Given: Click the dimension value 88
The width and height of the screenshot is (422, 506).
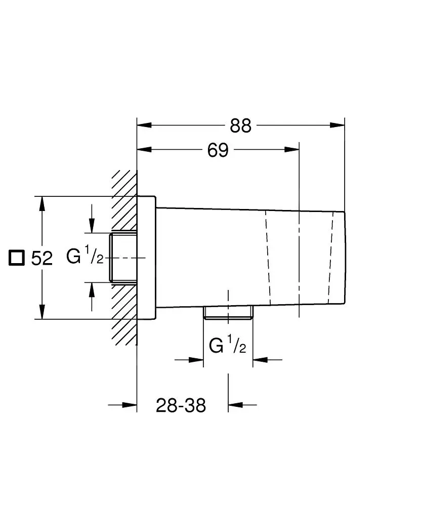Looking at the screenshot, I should tap(240, 126).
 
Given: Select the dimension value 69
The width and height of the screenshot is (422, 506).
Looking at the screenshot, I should tap(218, 150).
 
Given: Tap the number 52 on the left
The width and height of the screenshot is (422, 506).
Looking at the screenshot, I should tap(42, 259).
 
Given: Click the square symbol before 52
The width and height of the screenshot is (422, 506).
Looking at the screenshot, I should tap(17, 258).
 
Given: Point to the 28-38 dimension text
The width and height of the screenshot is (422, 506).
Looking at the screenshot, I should tap(181, 405).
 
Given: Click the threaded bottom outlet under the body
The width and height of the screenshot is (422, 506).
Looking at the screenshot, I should tap(228, 313).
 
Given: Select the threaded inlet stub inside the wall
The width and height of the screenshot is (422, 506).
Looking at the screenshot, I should tap(123, 258).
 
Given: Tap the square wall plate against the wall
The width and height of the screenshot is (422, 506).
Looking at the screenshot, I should tap(146, 258).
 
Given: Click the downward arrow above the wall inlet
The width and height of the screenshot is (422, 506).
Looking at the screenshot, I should tap(92, 225).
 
